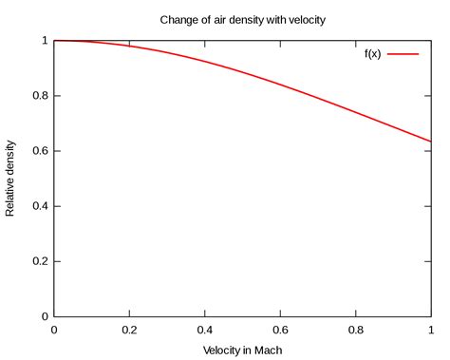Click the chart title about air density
pos(241,18)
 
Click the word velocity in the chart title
pos(303,18)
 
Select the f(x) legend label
pos(372,55)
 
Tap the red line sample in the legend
pos(403,55)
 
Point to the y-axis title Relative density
pos(11,179)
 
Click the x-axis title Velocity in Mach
pos(242,350)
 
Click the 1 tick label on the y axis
pos(43,41)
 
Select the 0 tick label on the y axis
pos(43,316)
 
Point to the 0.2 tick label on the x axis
pos(129,330)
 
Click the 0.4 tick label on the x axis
pos(205,330)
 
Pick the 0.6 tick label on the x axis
pos(280,330)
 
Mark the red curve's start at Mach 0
pos(54,41)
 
